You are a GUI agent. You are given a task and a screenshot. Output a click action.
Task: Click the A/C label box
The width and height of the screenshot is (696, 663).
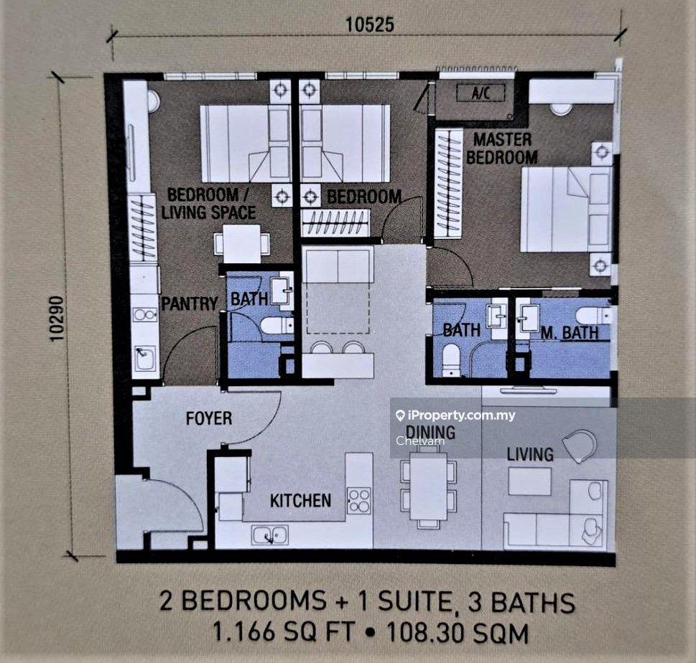(x=481, y=93)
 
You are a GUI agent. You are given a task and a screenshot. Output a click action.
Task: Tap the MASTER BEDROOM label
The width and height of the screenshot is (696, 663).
(x=502, y=149)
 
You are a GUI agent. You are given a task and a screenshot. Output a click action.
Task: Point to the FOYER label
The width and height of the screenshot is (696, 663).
(x=208, y=418)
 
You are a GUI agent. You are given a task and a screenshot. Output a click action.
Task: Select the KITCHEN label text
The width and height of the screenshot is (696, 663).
(x=300, y=501)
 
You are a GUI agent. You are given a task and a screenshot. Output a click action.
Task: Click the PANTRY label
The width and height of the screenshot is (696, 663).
(x=190, y=304)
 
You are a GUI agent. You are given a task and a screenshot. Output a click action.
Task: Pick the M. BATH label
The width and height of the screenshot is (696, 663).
(x=570, y=333)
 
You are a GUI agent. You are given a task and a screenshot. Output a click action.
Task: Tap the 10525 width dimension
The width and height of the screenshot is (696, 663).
(x=370, y=24)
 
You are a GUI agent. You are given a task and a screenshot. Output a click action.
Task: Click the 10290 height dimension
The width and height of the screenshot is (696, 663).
(x=57, y=319)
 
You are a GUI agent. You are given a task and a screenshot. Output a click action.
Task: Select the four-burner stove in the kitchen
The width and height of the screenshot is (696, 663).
(x=359, y=501)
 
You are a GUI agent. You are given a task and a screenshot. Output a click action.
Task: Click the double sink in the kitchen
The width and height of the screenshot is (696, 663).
(x=270, y=535)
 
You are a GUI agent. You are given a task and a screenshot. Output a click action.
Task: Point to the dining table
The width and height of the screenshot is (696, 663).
(x=428, y=486)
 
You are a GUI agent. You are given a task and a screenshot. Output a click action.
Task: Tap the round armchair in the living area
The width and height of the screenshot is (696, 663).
(x=580, y=446)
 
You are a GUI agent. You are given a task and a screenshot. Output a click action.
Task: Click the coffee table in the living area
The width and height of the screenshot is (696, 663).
(x=529, y=481)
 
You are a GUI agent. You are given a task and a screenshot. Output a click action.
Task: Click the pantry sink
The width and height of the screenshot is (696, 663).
(x=145, y=358)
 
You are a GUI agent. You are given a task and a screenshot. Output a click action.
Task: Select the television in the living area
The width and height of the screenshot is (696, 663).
(x=528, y=390)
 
